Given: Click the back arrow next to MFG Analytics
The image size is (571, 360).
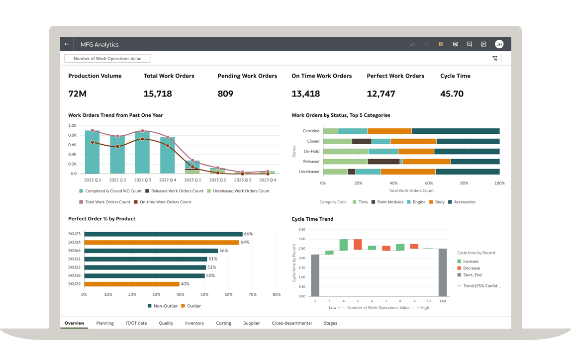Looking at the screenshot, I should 67,44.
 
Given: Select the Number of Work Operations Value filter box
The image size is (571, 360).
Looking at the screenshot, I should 107,59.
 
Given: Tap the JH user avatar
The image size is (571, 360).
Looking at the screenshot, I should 499,44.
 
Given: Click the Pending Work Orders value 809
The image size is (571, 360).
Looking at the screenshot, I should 225,93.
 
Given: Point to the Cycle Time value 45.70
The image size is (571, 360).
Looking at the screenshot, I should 452,93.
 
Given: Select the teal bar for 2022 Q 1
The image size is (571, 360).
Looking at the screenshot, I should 92,152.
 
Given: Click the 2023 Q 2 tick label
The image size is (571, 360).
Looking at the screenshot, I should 217,180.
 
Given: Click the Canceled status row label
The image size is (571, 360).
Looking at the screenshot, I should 311,131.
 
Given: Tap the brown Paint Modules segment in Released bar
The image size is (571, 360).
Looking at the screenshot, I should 383,162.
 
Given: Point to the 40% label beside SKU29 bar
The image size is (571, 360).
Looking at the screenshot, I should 185,284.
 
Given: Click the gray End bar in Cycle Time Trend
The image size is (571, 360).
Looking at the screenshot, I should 442,272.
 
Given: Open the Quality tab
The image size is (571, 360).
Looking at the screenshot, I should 166,323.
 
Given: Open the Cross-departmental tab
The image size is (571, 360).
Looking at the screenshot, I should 291,323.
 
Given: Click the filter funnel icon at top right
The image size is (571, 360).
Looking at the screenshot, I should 495,59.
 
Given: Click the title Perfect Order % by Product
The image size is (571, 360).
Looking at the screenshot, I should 101,219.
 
